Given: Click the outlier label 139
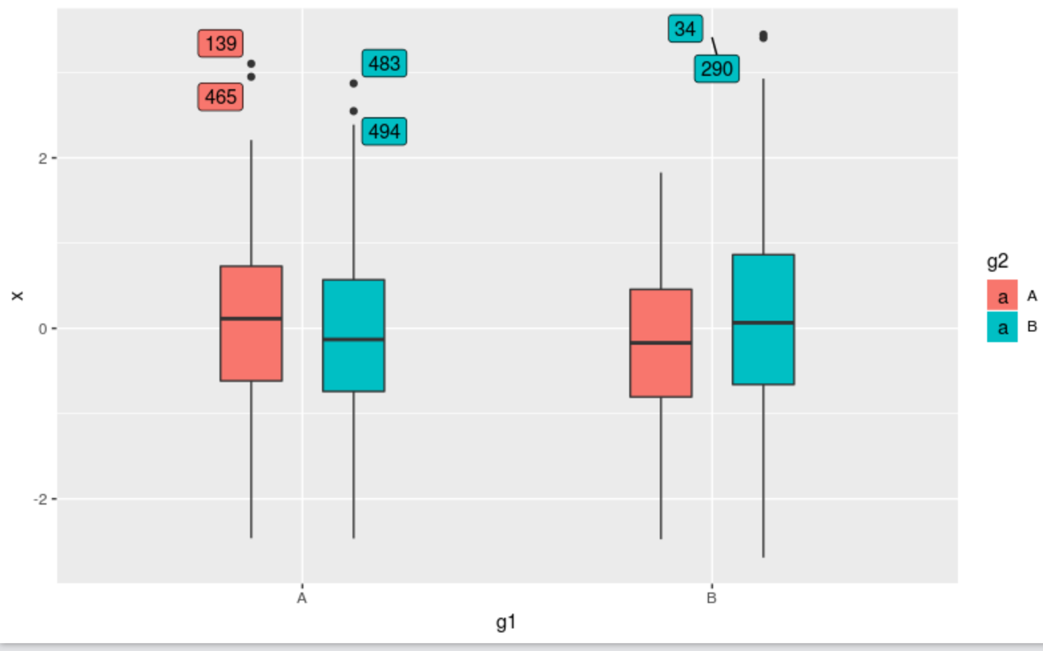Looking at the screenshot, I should point(220,44).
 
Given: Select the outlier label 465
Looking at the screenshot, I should point(220,97).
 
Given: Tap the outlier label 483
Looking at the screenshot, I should point(384,64).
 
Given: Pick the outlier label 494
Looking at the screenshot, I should point(384,132).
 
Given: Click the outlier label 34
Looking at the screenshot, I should point(684,29).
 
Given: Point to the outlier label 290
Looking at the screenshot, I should point(716,69).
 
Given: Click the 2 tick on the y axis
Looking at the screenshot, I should point(43,158).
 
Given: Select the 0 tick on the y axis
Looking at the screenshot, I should point(43,329).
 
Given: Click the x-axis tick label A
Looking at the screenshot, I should point(302,598).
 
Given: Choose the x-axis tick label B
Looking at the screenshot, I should point(712,598).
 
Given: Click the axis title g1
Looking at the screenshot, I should point(506,622).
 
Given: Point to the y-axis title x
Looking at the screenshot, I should point(17,296).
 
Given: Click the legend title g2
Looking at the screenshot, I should point(997,262).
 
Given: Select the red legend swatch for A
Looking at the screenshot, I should point(1002,296).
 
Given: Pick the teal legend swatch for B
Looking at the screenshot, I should point(1002,327).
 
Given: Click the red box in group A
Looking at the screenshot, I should point(251,324).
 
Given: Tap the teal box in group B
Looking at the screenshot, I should point(763,320).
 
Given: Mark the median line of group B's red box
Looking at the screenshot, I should point(661,343).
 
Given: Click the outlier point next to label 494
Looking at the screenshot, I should point(354,111).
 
